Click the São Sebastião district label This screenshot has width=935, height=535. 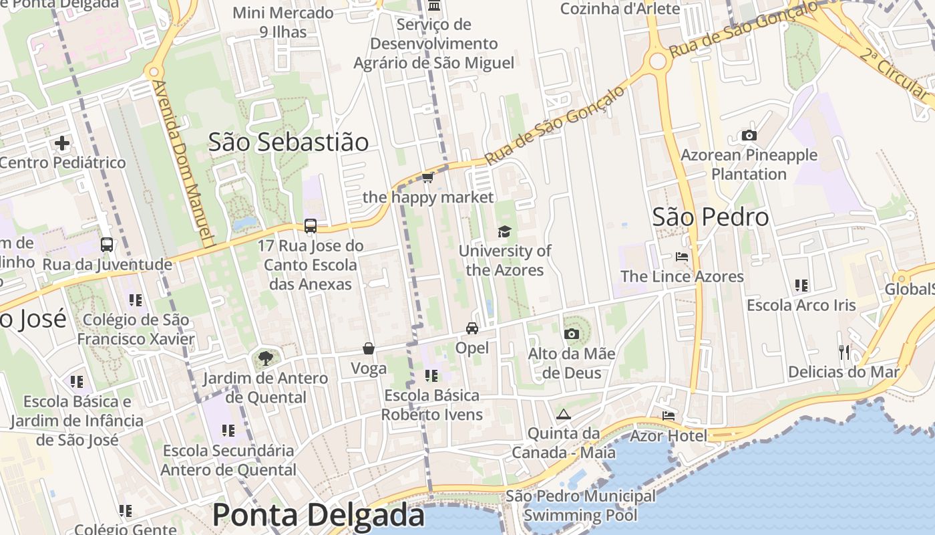click(x=288, y=142)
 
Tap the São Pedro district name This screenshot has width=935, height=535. click(x=710, y=217)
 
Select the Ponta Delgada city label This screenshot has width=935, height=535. click(x=318, y=515)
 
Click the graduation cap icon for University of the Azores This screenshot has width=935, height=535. click(x=504, y=231)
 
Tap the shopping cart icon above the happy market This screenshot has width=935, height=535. click(x=428, y=177)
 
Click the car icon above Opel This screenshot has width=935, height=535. click(x=472, y=328)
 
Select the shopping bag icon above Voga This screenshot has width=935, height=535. click(x=369, y=348)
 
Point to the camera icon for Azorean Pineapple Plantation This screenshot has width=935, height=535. click(x=749, y=135)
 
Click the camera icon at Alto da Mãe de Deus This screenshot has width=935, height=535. click(x=571, y=334)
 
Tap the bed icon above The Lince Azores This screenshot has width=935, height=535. click(x=681, y=256)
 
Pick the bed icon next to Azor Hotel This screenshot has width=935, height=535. click(x=669, y=416)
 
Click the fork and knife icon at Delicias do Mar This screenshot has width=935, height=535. click(x=844, y=352)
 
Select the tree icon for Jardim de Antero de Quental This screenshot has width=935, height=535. click(x=265, y=358)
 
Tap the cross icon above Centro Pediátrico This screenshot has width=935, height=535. click(x=62, y=142)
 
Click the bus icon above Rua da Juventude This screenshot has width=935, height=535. click(x=107, y=245)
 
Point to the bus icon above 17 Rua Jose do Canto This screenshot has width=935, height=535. click(x=311, y=226)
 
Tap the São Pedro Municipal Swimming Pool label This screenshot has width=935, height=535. click(x=580, y=506)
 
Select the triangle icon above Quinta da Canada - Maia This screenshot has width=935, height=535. click(x=564, y=414)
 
